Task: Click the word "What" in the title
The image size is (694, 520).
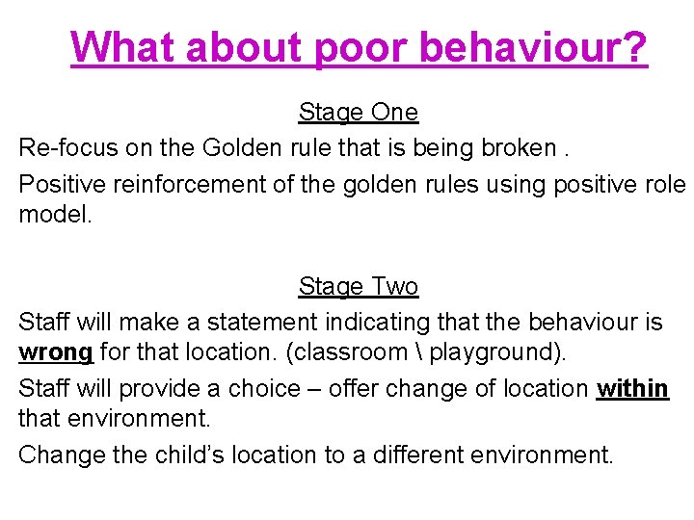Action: (x=122, y=46)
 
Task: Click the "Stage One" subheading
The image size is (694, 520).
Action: (x=358, y=113)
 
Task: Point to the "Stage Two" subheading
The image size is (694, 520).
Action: (x=358, y=287)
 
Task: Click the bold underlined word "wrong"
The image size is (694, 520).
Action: (x=56, y=352)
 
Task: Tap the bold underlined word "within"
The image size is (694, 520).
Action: (x=632, y=388)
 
